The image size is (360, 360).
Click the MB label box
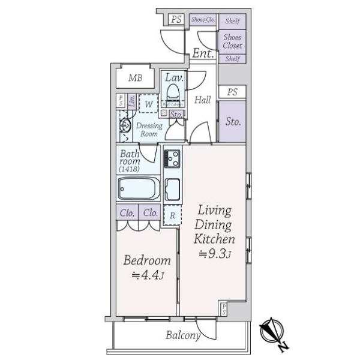[135, 78]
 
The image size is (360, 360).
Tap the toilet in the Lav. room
[173, 92]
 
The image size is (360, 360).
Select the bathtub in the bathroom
[138, 191]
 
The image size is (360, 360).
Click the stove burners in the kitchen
[173, 159]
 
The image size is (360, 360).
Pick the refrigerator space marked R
[172, 215]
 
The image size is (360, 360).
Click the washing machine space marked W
[148, 103]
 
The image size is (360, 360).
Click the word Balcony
[182, 335]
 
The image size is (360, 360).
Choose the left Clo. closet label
[127, 212]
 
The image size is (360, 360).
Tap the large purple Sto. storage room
[233, 121]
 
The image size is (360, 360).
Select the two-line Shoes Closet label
[232, 41]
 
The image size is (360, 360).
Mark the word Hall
[202, 100]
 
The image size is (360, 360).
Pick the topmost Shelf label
[233, 21]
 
